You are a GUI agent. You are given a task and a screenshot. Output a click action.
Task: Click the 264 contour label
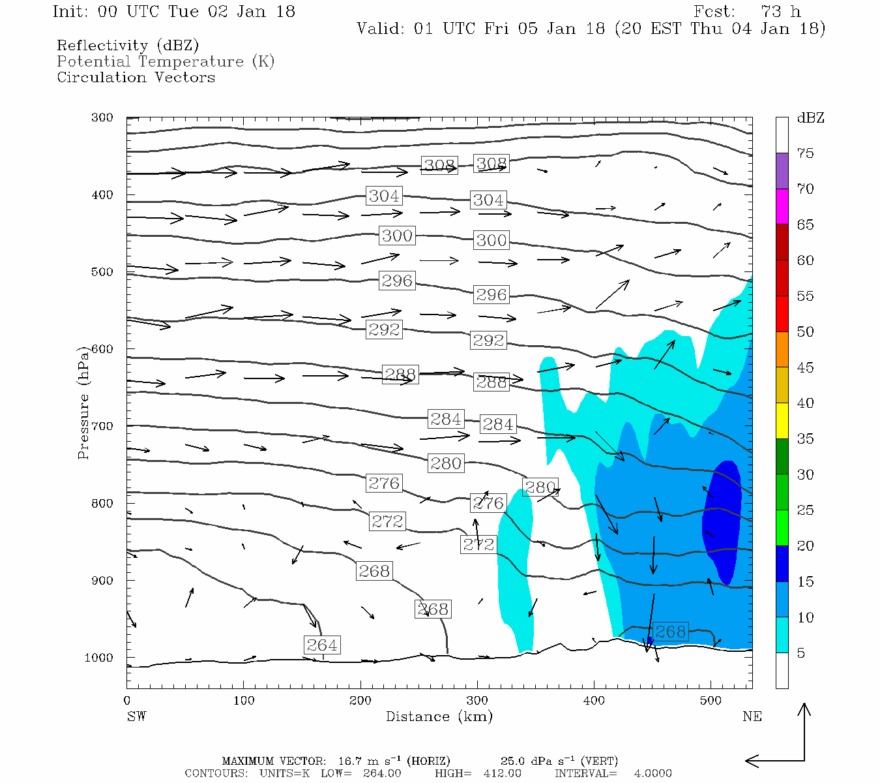[322, 645]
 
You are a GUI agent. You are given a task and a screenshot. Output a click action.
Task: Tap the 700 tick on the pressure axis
[102, 426]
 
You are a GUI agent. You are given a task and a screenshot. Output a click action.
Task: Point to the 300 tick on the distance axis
[477, 701]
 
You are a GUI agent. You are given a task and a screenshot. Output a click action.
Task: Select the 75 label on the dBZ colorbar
[805, 153]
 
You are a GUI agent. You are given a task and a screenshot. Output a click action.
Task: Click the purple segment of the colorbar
[782, 171]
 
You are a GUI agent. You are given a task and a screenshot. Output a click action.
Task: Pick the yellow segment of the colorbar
[782, 421]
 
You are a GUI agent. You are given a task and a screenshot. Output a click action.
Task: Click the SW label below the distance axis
[136, 716]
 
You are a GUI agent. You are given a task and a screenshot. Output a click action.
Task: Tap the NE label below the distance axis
[752, 716]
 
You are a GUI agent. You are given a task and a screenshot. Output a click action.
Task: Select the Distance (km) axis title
[439, 716]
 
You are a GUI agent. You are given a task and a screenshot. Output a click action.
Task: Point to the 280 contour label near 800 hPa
[540, 487]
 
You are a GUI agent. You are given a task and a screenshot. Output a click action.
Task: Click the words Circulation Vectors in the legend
[136, 77]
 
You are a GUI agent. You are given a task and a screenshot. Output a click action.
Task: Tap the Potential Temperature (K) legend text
[166, 61]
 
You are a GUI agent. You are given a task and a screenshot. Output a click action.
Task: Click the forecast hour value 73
[770, 12]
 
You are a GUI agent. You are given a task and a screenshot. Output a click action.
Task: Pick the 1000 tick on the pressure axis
[99, 658]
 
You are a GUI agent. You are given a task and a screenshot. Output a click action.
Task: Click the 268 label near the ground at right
[670, 632]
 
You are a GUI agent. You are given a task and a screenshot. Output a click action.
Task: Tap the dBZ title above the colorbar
[810, 118]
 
